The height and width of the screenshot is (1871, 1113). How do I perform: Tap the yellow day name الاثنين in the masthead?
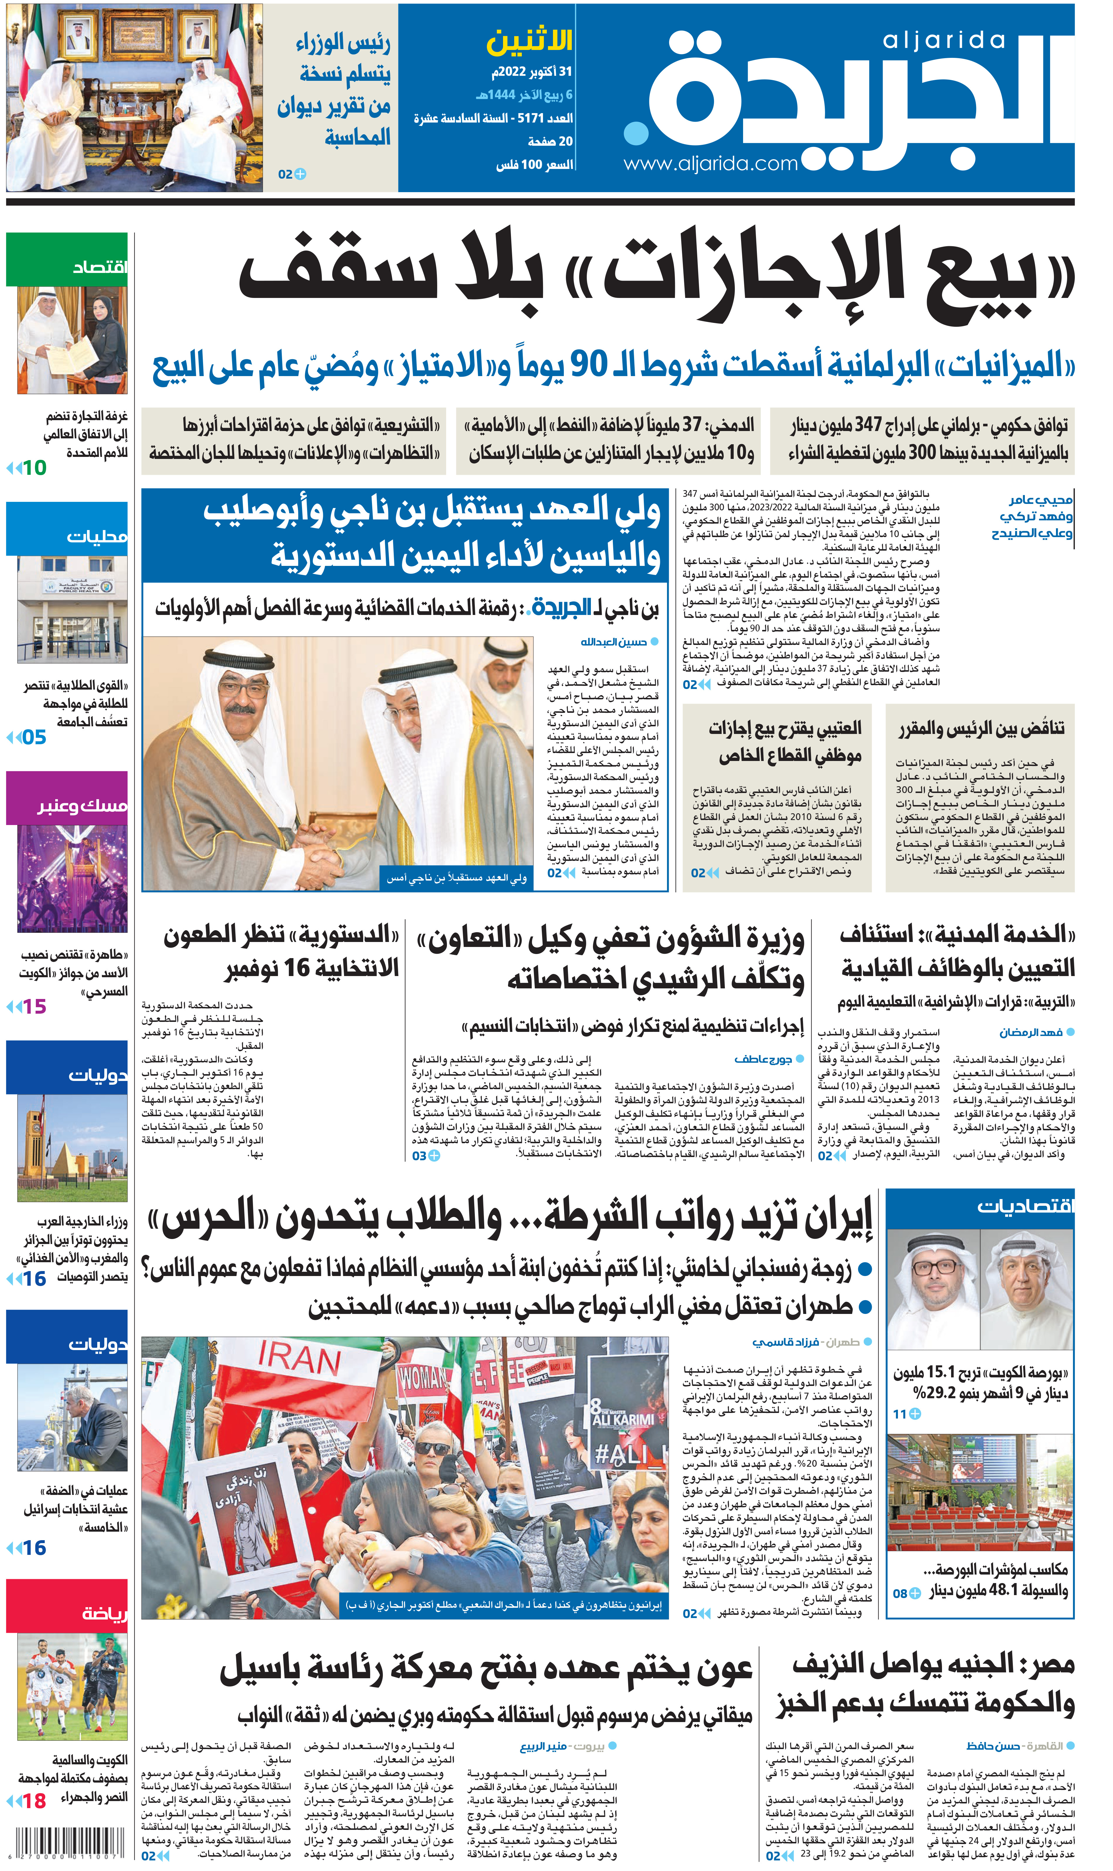[x=529, y=42]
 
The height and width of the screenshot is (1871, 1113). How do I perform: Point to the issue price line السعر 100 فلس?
[x=534, y=164]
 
